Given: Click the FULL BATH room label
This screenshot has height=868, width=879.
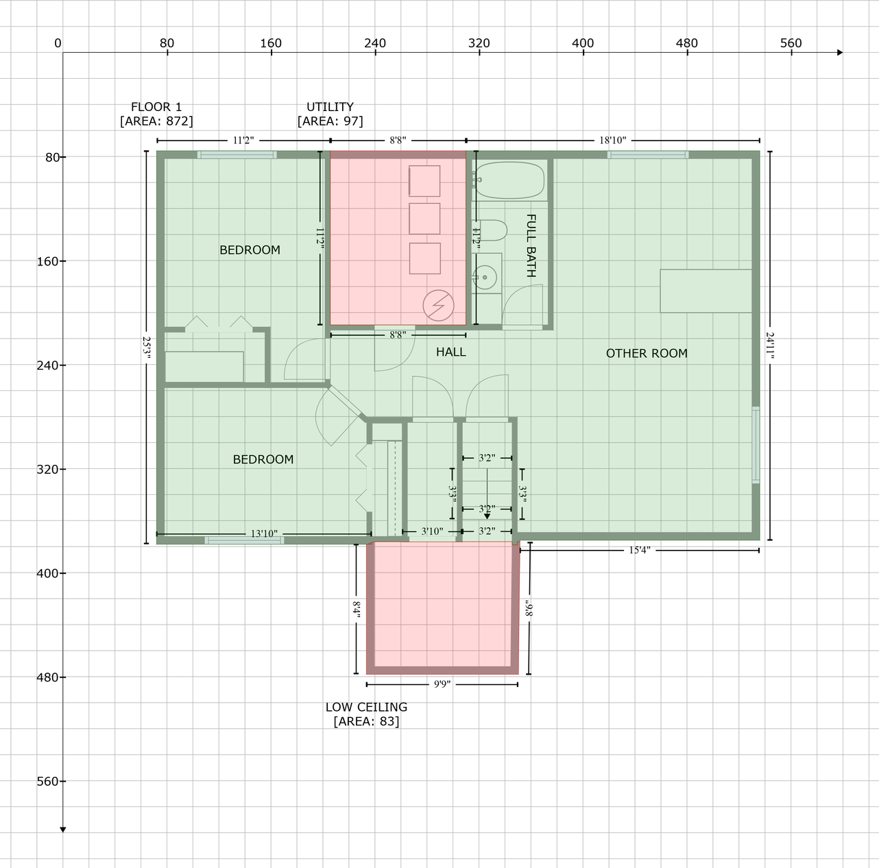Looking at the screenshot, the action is (531, 245).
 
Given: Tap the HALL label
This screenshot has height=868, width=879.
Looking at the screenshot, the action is (450, 352).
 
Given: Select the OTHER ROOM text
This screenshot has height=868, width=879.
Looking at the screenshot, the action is (647, 353).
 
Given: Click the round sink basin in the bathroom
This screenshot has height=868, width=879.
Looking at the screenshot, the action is (485, 277).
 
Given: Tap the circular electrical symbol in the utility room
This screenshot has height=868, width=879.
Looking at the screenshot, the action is (438, 306).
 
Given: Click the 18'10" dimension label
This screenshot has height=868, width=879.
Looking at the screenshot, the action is (612, 140).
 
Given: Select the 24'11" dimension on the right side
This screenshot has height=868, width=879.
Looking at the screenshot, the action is (770, 345).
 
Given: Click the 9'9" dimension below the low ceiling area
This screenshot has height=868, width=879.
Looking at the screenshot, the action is (442, 684).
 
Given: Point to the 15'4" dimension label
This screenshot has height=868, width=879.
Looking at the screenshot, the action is (640, 551).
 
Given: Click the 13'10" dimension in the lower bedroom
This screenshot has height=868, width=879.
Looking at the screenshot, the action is (264, 533).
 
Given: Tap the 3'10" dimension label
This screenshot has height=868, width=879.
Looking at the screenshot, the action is (432, 531).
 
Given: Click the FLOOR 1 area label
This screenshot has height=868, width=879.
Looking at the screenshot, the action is (156, 114).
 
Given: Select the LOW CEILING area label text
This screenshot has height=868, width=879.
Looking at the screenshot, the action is (366, 714).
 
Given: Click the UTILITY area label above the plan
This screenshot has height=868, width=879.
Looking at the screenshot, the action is (330, 114).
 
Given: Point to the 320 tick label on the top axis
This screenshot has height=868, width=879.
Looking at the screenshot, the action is (479, 43).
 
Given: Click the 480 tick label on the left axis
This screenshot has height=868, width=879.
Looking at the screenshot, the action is (48, 677).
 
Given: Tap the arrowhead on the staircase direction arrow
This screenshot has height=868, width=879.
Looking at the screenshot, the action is (487, 516).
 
